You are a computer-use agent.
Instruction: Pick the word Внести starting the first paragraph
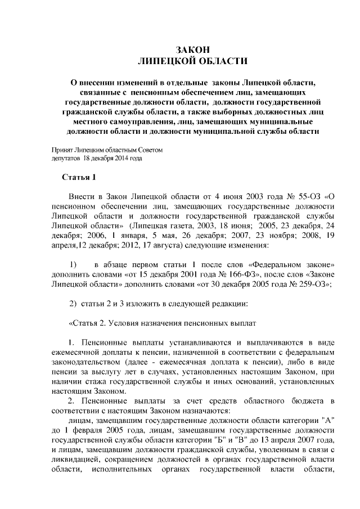81,196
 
